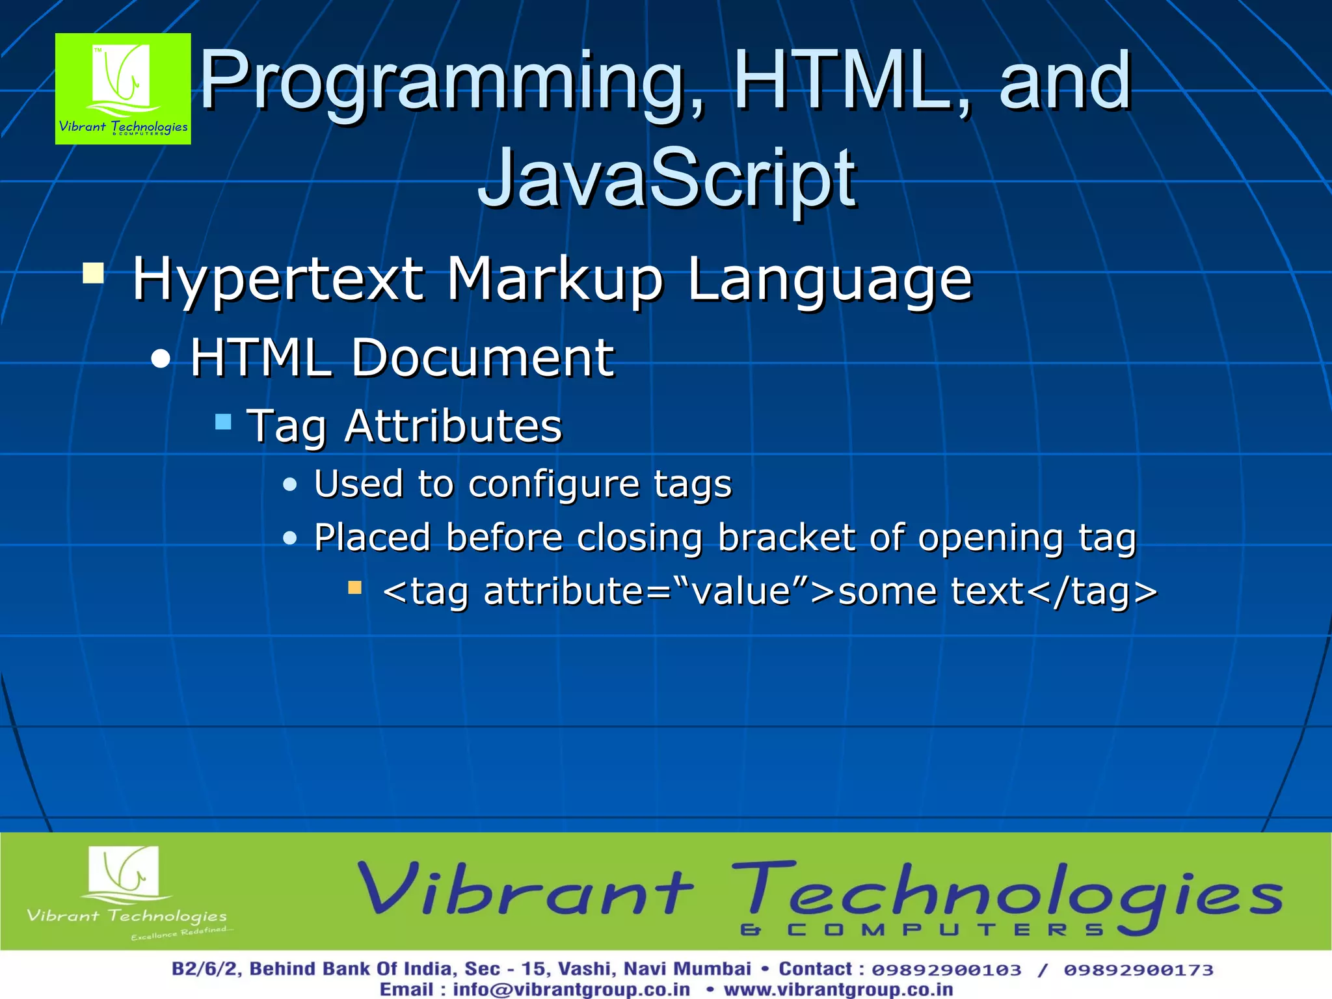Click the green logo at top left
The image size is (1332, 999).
point(123,88)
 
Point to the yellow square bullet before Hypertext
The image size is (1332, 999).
point(94,273)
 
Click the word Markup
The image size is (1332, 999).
point(555,280)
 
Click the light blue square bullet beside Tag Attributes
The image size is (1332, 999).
point(223,422)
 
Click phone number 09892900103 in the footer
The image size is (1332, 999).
point(946,970)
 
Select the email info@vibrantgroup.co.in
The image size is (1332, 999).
point(571,989)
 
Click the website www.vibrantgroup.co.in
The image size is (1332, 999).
point(838,989)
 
